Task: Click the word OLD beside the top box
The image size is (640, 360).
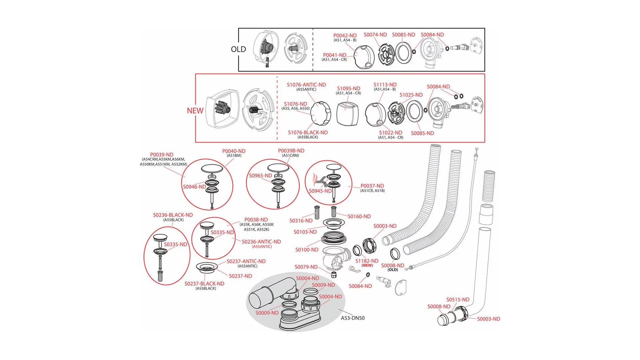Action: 238,49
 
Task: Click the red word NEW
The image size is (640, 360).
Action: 195,111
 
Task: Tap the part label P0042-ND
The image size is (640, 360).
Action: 345,35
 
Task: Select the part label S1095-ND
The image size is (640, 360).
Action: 348,88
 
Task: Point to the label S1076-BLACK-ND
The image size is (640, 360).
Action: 308,132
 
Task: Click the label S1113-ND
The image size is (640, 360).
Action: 385,85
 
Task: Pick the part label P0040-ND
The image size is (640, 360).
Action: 234,151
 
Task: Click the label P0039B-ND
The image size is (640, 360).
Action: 291,151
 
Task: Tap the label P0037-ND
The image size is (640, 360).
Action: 372,186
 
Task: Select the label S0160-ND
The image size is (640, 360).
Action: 359,216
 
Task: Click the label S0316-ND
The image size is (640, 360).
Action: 301,221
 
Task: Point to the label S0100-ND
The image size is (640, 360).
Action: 307,250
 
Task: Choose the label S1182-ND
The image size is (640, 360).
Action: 367,261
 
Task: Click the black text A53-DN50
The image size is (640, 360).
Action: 353,318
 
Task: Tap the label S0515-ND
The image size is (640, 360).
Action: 458,300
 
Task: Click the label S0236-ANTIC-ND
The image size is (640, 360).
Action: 261,242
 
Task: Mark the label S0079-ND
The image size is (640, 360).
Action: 306,267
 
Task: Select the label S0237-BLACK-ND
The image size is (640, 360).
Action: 204,284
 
